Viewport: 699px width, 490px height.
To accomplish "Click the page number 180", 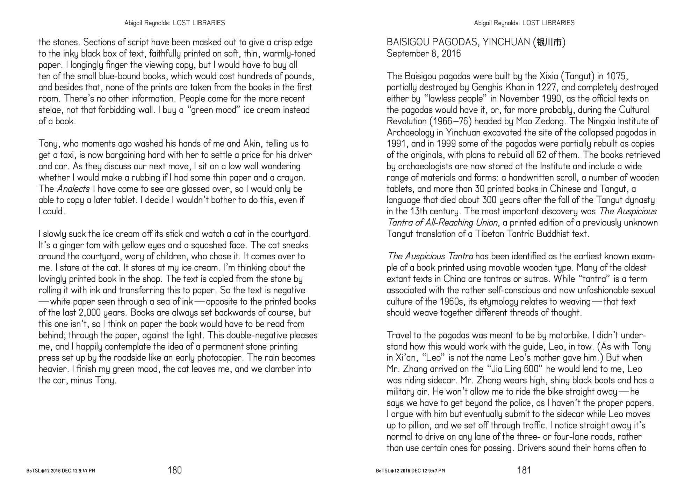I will pyautogui.click(x=175, y=470).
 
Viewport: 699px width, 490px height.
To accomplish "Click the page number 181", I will pyautogui.click(x=524, y=470).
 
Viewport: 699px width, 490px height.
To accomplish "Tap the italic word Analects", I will pyautogui.click(x=73, y=189).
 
